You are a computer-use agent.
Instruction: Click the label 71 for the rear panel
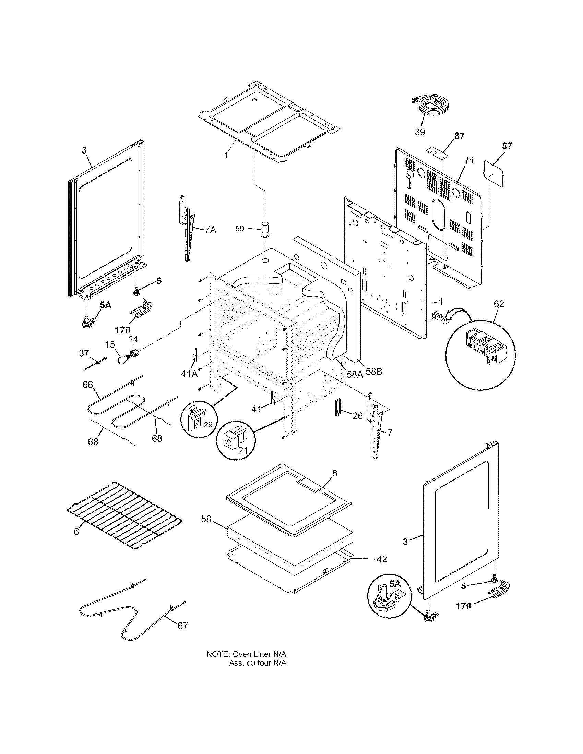pos(469,160)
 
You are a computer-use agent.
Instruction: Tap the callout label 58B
pos(373,372)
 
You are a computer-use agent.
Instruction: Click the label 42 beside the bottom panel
pos(381,559)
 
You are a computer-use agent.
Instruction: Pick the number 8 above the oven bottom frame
pos(334,473)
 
